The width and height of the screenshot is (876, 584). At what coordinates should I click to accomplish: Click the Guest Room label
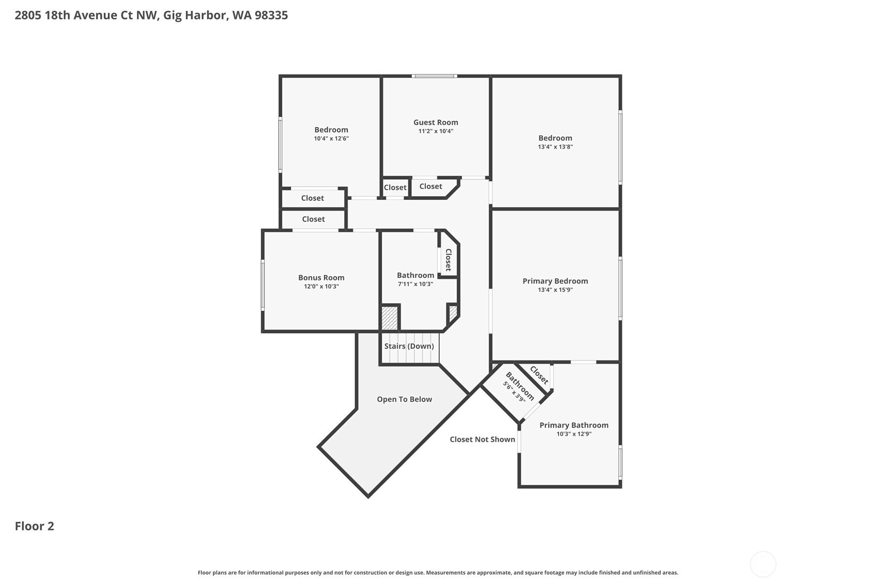point(435,122)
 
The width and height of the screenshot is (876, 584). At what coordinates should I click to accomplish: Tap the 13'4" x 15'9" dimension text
point(555,290)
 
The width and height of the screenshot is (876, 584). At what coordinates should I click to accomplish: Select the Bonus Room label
point(321,278)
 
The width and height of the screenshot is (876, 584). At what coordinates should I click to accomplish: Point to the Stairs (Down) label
point(409,346)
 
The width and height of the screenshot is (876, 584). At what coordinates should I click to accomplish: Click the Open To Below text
point(404,399)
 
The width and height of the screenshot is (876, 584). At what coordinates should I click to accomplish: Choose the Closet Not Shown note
point(482,439)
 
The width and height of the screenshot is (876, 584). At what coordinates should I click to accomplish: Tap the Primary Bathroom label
point(574,425)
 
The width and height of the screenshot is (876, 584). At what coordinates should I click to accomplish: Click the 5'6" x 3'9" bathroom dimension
point(514,392)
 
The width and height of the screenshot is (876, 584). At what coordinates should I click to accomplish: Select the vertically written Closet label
point(448,260)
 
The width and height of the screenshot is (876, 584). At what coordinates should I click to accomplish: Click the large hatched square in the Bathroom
point(390,318)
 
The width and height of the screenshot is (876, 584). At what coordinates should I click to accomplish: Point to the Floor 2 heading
point(35,526)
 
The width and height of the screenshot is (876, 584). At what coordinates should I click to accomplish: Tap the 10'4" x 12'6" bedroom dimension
point(331,138)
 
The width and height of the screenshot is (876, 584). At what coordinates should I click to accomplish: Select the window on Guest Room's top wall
point(434,76)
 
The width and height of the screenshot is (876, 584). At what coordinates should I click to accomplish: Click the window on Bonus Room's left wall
point(263,285)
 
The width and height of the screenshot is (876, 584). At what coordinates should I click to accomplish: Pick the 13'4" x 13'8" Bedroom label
point(555,138)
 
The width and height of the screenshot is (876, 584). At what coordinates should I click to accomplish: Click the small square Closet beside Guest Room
point(395,187)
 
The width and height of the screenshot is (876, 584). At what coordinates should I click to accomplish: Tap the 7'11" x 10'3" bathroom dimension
point(415,284)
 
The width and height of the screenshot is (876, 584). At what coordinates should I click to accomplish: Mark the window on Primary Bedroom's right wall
point(620,288)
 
